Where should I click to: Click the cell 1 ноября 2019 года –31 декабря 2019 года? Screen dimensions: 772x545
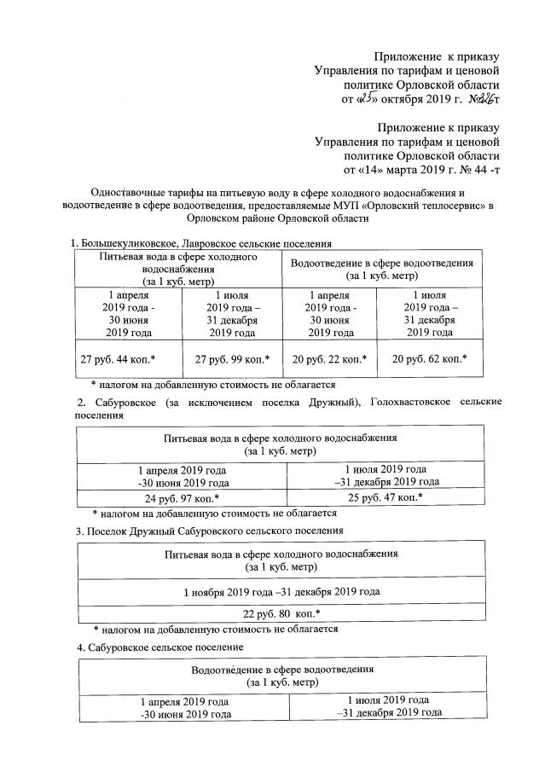point(281,589)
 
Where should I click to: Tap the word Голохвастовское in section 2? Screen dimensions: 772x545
point(417,402)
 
